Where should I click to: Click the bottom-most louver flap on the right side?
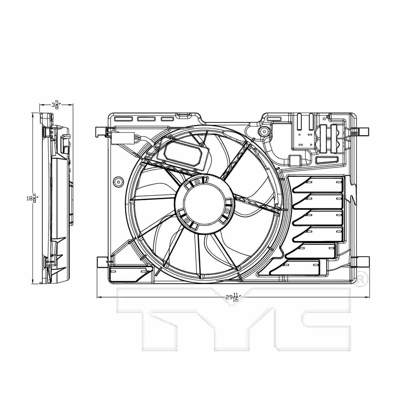tap(296, 267)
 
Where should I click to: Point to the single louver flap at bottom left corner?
tap(130, 273)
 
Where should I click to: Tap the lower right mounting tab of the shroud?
tap(361, 262)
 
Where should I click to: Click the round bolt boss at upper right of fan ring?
tap(264, 131)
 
